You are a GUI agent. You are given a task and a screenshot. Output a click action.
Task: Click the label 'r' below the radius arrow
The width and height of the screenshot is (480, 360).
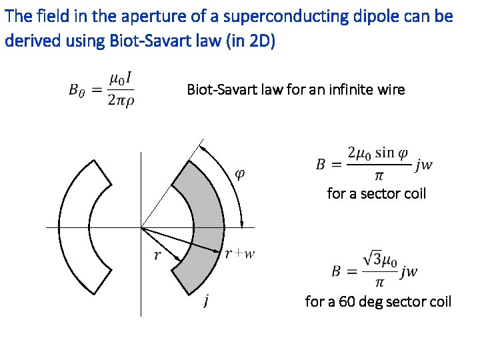[x=157, y=254]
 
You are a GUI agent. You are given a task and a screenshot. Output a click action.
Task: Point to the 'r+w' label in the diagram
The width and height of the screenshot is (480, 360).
[x=240, y=253]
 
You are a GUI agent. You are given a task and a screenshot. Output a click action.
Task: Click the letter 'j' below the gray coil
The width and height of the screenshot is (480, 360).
[x=208, y=302]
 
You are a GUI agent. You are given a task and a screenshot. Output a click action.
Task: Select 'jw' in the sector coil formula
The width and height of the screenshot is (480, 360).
[x=425, y=165]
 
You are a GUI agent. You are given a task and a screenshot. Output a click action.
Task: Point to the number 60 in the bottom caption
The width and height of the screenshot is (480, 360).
[x=347, y=301]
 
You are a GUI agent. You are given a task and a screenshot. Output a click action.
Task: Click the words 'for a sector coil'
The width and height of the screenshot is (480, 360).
[x=376, y=193]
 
